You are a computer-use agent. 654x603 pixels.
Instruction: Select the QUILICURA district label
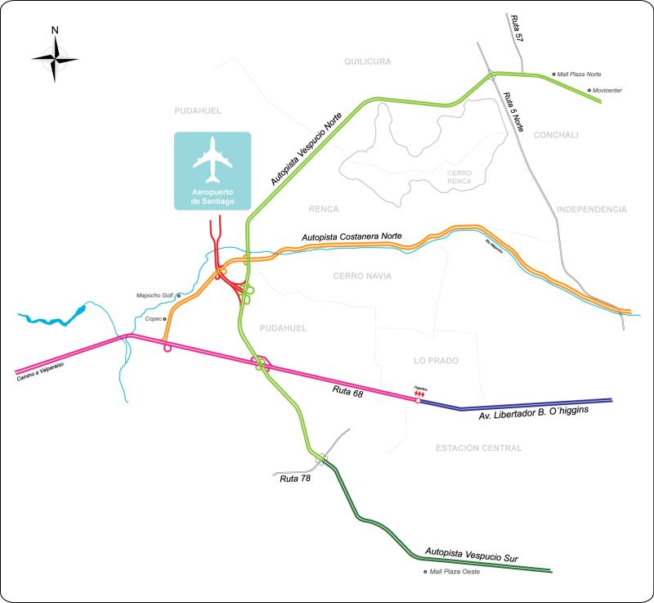[368, 61]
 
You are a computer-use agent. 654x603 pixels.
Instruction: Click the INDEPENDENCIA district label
[592, 209]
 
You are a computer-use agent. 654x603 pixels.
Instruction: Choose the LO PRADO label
[436, 360]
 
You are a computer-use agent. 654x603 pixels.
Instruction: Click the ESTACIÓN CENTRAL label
[478, 448]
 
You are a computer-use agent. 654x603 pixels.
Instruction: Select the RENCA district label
[324, 209]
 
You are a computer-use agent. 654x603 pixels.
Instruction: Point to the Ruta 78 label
[295, 479]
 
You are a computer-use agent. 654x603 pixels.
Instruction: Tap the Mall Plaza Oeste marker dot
[425, 572]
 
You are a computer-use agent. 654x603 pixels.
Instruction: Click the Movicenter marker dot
[589, 90]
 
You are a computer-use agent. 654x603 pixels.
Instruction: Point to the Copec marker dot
[165, 318]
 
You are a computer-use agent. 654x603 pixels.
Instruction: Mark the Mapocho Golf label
[155, 295]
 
